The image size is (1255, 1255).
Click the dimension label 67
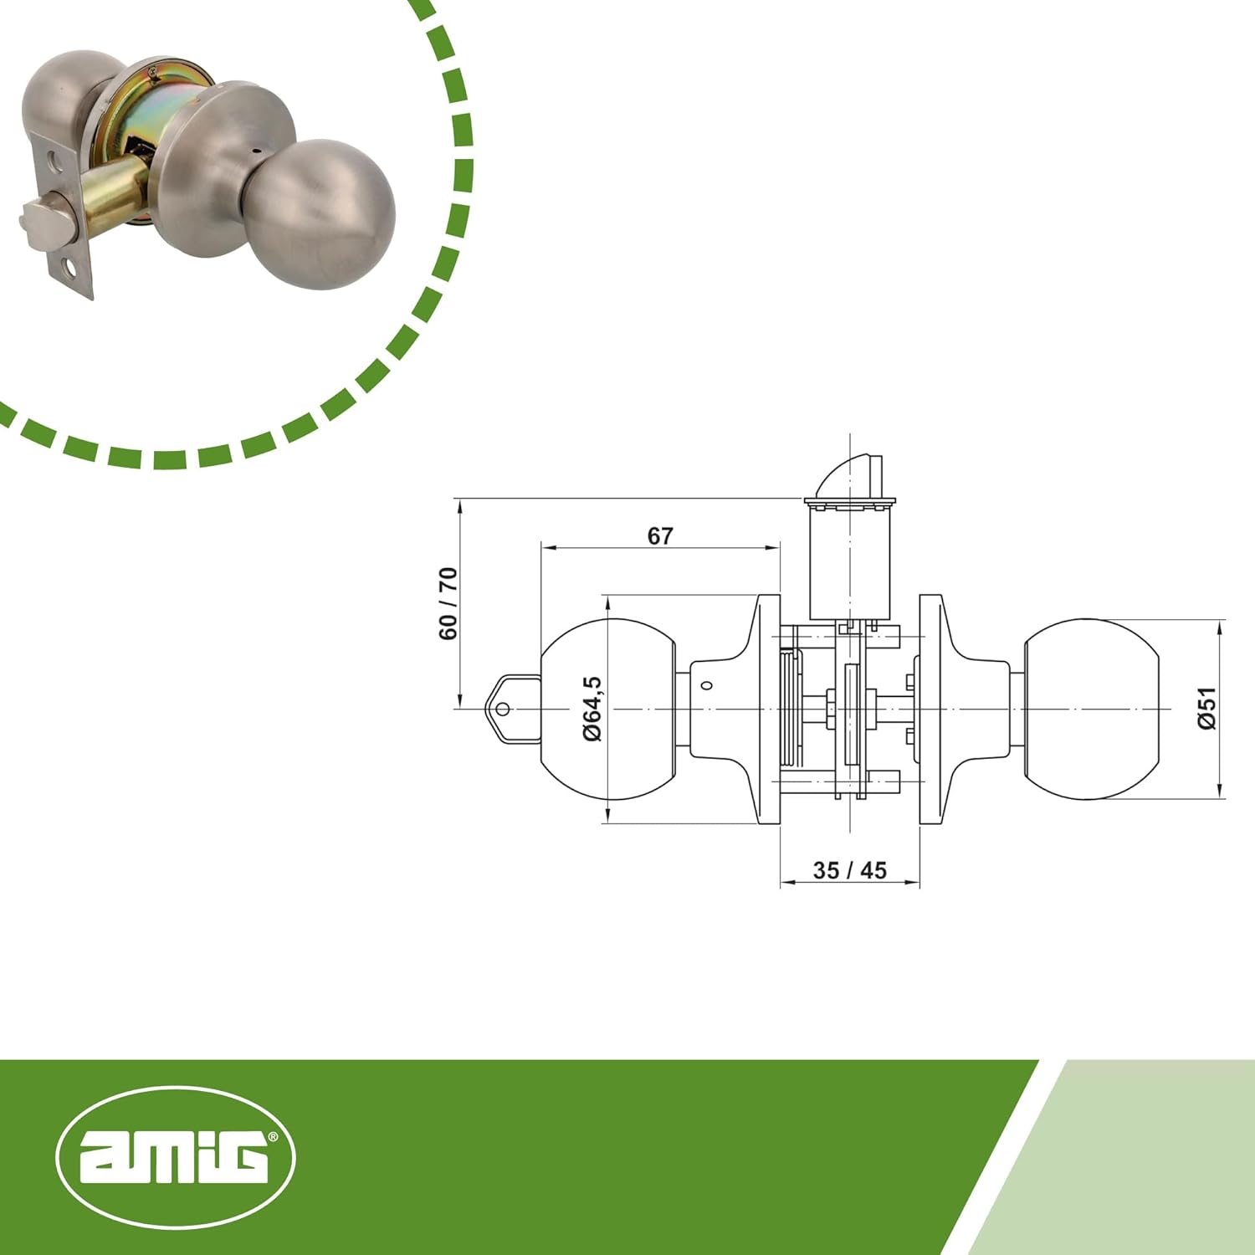point(659,535)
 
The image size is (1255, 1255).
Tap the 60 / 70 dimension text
point(448,603)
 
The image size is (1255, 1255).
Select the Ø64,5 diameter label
point(592,708)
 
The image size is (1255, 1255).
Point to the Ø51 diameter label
point(1206,708)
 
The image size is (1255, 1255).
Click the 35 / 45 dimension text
point(849,870)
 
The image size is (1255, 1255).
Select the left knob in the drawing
point(608,709)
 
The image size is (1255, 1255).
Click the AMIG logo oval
point(176,1157)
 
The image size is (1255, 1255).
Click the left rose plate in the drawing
point(769,709)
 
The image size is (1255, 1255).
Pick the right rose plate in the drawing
point(930,709)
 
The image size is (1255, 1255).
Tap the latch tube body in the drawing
point(849,561)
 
